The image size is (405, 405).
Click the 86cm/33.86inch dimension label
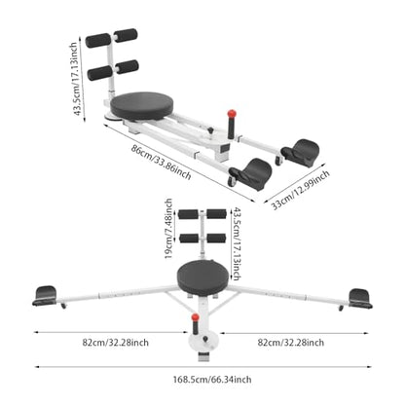(162, 162)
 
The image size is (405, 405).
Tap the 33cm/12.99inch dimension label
(300, 190)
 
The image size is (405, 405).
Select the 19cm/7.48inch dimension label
(168, 229)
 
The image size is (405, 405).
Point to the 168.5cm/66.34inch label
(212, 380)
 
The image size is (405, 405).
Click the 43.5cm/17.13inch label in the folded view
(76, 79)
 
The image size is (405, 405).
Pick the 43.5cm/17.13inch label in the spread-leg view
(237, 243)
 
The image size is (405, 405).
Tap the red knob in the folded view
(232, 114)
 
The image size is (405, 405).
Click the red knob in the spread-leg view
(195, 317)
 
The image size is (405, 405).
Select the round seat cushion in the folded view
(141, 105)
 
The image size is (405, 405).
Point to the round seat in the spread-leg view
(202, 277)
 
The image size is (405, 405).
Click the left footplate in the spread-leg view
(45, 296)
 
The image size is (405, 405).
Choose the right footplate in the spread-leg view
(360, 298)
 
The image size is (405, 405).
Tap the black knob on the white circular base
(205, 339)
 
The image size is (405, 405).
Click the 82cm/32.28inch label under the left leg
(116, 343)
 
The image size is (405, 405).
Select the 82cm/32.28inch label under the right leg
(291, 343)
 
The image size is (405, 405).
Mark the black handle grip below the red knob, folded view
(231, 129)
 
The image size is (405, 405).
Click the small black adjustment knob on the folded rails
(211, 130)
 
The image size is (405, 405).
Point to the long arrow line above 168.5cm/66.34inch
(203, 367)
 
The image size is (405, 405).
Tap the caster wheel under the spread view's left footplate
(62, 306)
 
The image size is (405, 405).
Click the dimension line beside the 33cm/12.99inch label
(291, 184)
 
